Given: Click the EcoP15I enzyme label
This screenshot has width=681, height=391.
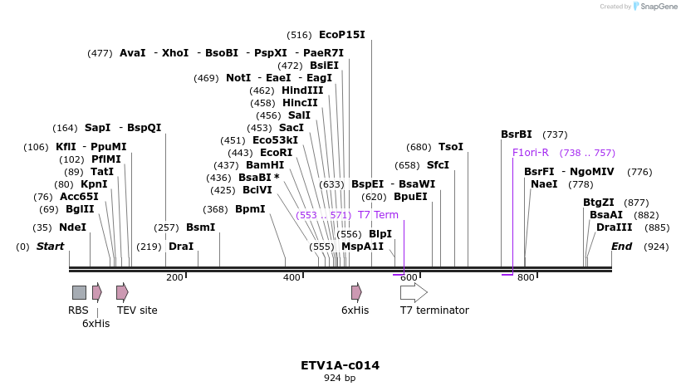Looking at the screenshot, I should coord(341,35).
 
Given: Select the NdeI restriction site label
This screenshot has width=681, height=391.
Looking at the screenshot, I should coord(72,227).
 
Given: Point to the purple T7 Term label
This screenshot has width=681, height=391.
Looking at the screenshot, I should coord(378,215).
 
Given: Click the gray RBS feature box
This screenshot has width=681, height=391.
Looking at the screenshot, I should coord(79,292).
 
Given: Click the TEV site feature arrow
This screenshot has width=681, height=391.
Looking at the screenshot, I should coord(122,292).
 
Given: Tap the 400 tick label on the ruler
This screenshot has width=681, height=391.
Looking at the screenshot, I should coord(292,277).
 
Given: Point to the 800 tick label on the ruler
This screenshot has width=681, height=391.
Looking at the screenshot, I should coord(526,277).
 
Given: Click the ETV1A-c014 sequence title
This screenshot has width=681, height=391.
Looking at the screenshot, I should coord(340,365).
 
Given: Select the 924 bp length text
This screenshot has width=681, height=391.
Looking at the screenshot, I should coord(340,379).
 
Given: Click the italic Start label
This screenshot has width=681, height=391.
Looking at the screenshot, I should coord(50,247).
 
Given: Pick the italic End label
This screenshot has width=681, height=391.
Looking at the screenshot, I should coord(621,247).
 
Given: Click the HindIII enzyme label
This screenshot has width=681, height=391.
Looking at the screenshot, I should coord(302,90).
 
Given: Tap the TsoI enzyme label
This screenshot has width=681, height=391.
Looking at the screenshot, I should coord(451,147).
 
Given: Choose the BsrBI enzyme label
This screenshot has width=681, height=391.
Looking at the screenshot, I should coord(516,134).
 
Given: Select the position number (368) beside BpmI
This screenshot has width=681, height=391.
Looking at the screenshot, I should coord(216,209).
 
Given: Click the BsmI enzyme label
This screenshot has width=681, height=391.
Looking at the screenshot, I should coord(200,227).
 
